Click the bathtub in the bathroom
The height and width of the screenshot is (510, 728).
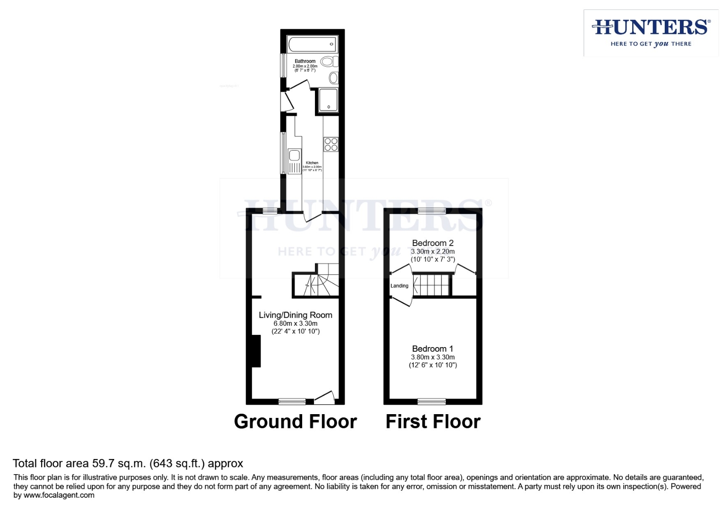pos(312,44)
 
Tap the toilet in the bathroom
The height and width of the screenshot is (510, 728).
pos(329,62)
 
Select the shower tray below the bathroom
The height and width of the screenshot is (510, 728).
pos(329,100)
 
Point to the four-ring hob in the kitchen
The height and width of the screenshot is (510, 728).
pos(331,144)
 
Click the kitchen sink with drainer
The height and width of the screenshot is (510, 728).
pos(295,161)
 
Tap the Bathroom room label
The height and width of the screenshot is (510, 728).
pos(305,61)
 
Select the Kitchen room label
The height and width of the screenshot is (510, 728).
pos(312,163)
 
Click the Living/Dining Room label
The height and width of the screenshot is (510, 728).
pos(296,315)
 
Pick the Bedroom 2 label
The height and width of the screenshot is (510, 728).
pos(433,243)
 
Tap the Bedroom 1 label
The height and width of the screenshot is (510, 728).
pos(433,348)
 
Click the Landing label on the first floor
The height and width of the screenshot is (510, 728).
pos(399,286)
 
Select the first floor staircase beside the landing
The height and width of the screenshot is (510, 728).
pos(431,285)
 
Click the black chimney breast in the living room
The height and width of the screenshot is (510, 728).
pos(255,351)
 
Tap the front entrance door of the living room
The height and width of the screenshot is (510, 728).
pos(324,398)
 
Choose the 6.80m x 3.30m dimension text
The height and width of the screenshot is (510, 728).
pos(296,323)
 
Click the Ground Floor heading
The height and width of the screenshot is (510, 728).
pos(296,421)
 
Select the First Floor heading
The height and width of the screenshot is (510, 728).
pos(433,421)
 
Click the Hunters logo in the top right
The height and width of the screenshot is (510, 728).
pos(651,33)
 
